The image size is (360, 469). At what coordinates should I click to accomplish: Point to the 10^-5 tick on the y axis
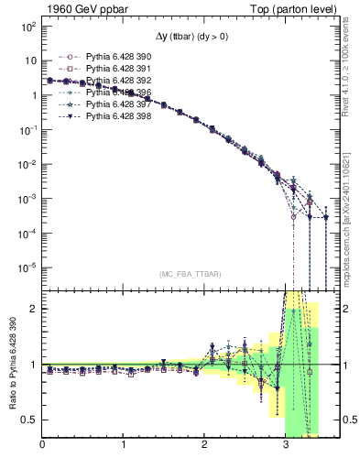[x=27, y=267]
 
